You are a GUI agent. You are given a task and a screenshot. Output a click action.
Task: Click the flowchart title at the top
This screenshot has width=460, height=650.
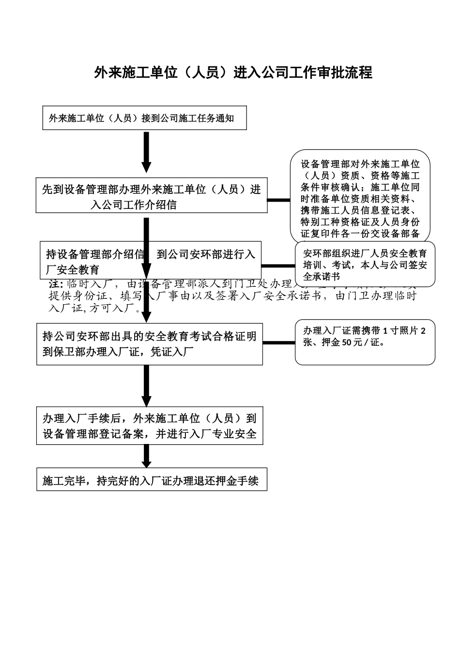233,73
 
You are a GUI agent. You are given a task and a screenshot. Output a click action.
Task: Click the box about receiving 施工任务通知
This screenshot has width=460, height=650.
145,118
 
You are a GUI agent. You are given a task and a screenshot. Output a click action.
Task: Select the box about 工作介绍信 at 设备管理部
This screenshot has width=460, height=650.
152,196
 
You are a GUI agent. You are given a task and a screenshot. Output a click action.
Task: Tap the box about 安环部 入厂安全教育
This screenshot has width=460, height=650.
151,261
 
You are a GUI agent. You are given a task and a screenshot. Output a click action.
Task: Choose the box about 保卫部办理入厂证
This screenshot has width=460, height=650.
150,344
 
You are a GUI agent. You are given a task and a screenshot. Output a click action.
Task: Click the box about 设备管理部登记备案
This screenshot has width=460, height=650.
150,426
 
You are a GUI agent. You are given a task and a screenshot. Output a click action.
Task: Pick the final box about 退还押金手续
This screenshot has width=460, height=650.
152,481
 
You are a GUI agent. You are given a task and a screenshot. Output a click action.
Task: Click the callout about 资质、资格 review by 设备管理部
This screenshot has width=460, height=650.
360,199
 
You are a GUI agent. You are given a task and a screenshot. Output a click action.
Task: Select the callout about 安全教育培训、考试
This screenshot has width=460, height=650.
365,264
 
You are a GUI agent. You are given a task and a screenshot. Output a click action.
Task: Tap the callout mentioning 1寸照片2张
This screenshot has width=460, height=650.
365,342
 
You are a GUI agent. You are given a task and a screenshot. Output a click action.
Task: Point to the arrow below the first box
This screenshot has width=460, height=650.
146,151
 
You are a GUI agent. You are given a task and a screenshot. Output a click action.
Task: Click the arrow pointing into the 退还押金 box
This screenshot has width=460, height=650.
146,457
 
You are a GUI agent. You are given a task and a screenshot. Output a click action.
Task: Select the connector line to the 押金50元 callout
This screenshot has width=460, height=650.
279,342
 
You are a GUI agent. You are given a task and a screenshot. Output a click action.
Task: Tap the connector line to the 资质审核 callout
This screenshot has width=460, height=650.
279,199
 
